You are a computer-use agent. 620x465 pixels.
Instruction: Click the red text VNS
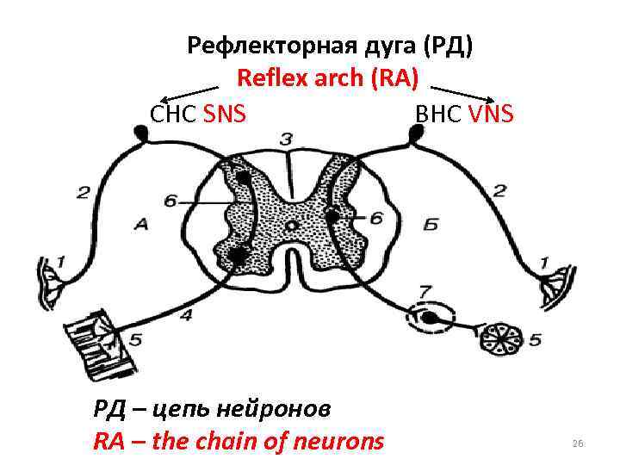[492, 113]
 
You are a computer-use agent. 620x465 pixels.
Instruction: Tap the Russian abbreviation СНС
[175, 113]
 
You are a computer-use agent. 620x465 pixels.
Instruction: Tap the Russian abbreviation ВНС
[440, 113]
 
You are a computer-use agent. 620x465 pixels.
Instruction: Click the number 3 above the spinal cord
[286, 139]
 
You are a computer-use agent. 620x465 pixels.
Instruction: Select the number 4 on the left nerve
[186, 315]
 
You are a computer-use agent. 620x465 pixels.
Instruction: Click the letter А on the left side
[141, 224]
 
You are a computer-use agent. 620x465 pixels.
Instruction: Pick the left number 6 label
[170, 200]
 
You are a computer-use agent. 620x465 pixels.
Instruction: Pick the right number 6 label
[376, 219]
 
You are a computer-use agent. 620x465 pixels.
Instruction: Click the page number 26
[578, 443]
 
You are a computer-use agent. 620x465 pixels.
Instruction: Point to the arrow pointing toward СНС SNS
[189, 92]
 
